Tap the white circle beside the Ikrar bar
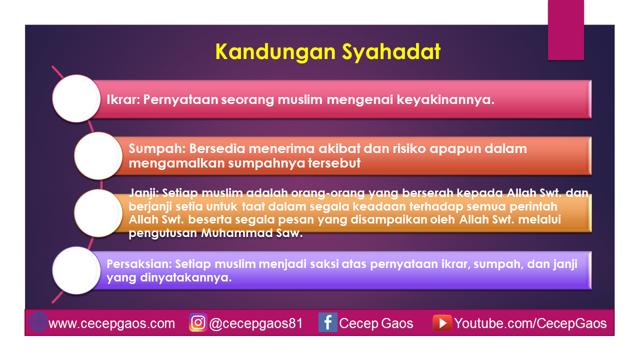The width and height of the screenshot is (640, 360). (x=76, y=98)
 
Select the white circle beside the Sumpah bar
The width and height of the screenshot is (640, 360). (x=98, y=155)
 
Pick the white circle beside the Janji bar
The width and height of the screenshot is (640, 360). (x=98, y=213)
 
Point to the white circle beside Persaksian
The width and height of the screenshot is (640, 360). (x=76, y=270)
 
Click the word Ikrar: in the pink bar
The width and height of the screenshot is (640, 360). (x=123, y=99)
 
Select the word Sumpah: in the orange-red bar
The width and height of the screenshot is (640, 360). (x=152, y=149)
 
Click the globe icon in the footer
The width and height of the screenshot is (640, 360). (x=38, y=322)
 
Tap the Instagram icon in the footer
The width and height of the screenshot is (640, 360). (x=198, y=322)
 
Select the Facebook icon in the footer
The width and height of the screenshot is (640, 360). (x=327, y=322)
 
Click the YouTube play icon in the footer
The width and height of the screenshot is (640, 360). (x=442, y=322)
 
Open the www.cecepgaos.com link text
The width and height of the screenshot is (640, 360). (x=112, y=323)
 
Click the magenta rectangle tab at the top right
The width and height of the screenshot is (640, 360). (x=566, y=30)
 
